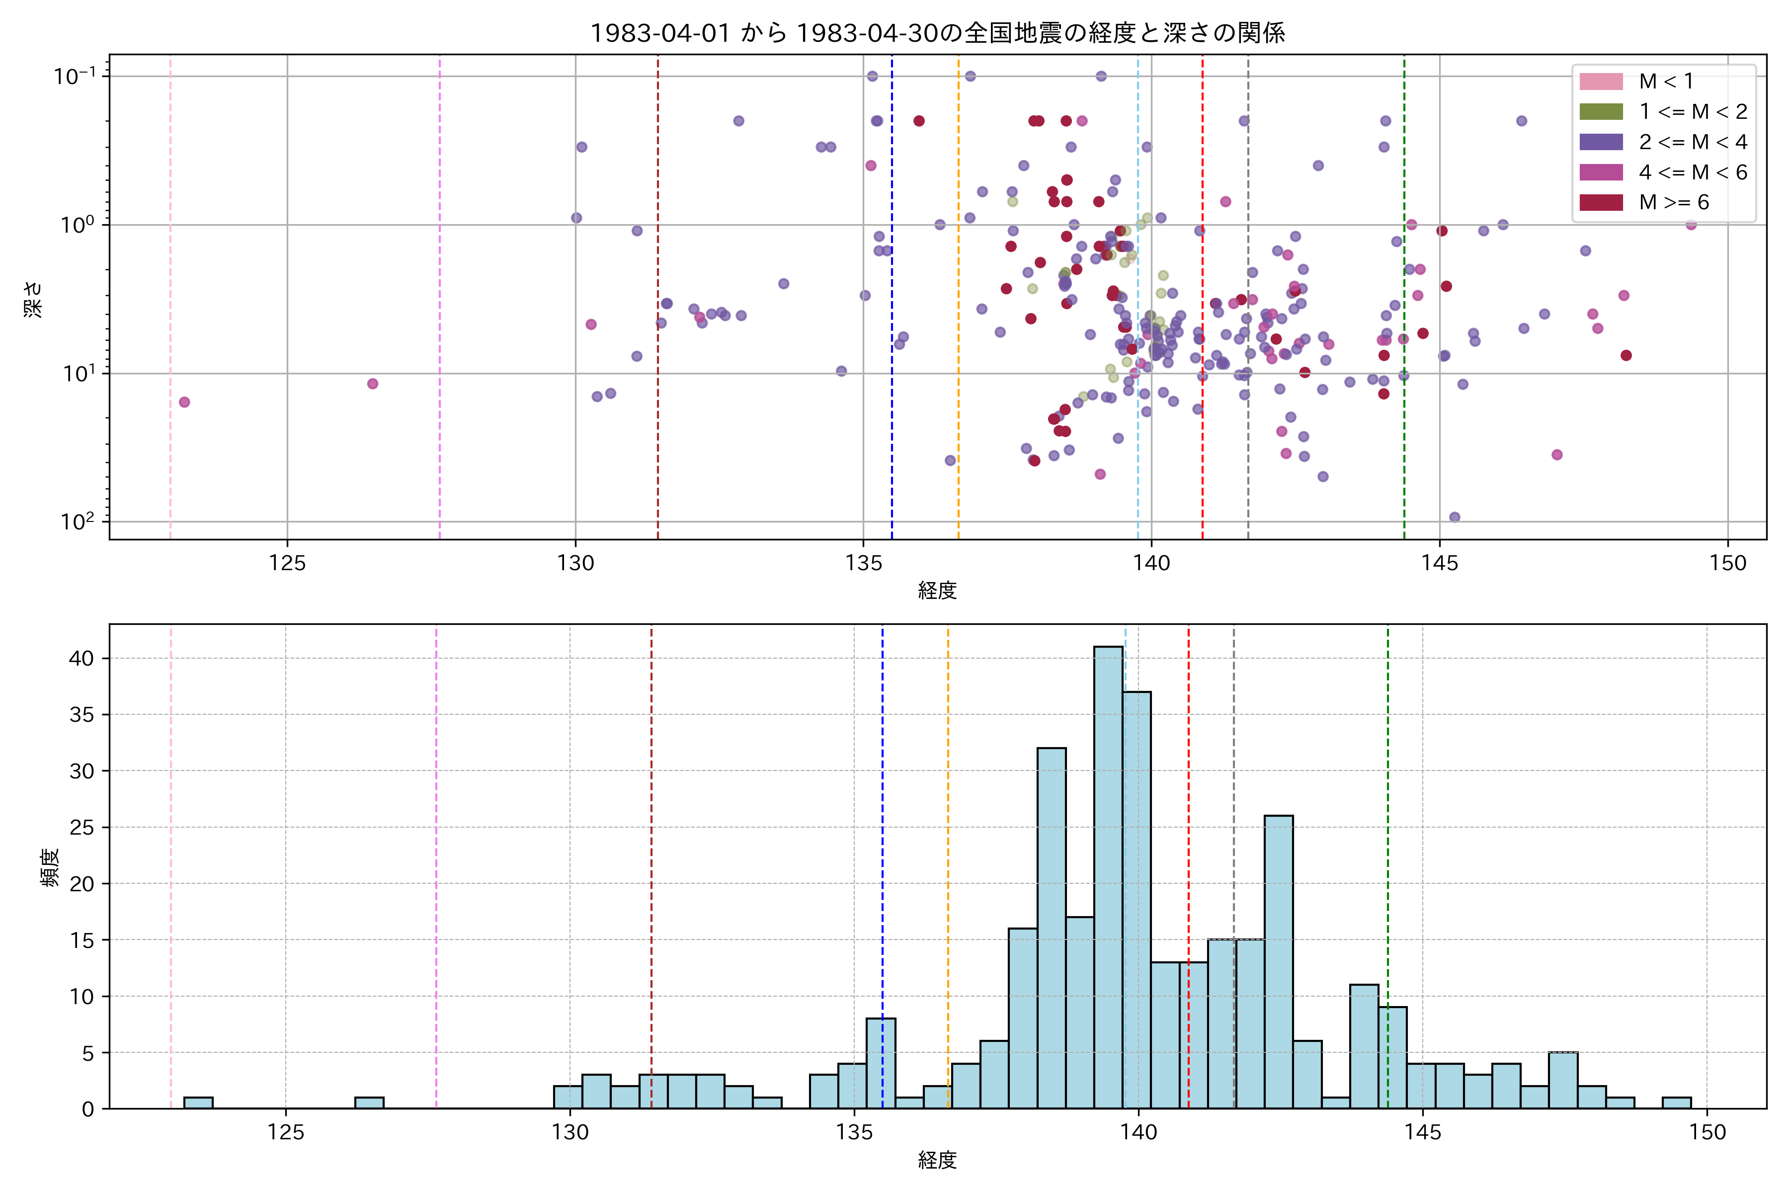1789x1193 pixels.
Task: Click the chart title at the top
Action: coord(937,33)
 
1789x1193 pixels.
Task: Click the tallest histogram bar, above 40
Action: coord(1108,875)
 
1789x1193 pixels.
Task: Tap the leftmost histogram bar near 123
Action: coord(198,1103)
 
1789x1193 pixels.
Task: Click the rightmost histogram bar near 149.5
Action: coord(1676,1103)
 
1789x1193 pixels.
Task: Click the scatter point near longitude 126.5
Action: coord(373,383)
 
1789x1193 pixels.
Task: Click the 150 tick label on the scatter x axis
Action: coord(1727,564)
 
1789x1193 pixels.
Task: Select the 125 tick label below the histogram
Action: coord(286,1133)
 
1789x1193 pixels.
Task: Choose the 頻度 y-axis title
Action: coord(50,867)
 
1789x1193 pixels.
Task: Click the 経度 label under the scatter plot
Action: coord(937,591)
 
